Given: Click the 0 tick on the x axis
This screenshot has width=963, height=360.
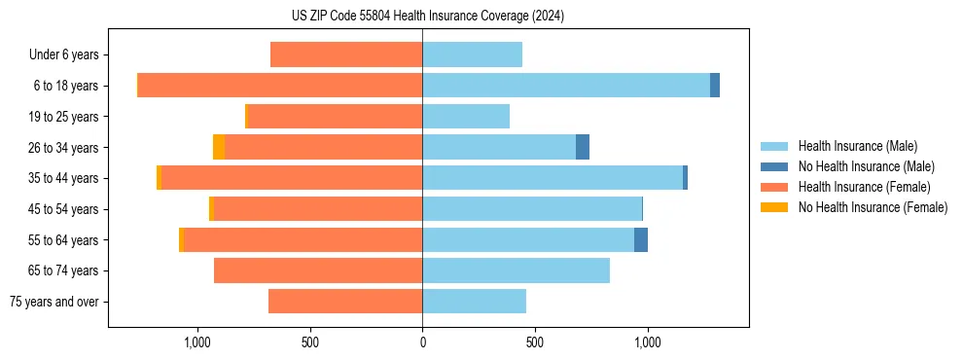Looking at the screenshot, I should [422, 342].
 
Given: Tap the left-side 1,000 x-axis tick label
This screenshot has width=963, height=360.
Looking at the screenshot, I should [197, 342].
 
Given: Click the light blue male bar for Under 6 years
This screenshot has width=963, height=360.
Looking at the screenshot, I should [472, 55].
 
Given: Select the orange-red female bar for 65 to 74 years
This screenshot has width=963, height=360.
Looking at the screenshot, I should [318, 270].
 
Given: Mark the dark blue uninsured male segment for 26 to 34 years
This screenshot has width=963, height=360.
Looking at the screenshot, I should [583, 148].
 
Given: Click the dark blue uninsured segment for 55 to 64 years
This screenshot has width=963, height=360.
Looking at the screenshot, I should [641, 239].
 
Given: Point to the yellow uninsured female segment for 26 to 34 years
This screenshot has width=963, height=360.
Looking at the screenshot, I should [219, 148].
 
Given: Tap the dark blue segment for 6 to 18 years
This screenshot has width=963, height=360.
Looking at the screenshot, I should [715, 86].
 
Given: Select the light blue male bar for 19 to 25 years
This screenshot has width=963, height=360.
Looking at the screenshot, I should [466, 117].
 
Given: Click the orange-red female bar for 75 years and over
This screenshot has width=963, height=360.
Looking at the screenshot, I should [345, 302].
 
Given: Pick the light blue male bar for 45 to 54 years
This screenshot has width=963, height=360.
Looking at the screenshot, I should [532, 209].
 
